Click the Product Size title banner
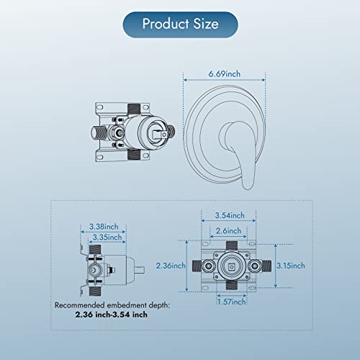(179, 23)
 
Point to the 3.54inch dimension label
(232, 214)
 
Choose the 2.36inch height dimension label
(171, 266)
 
